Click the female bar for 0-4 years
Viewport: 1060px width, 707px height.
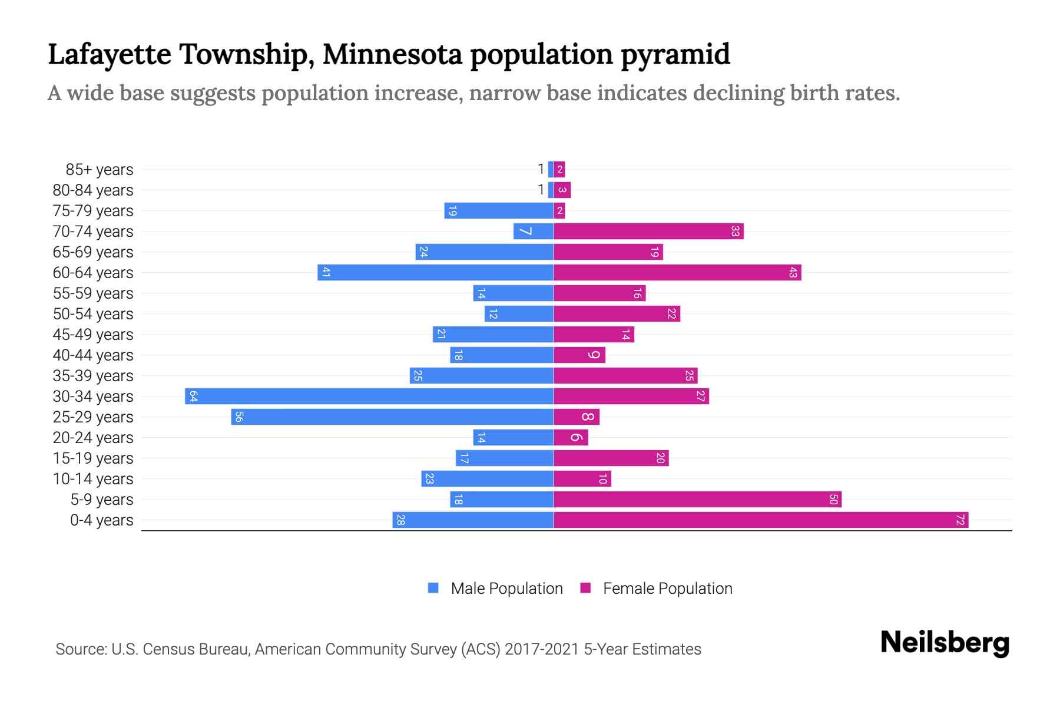(761, 520)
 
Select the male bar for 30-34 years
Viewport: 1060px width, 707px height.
(369, 396)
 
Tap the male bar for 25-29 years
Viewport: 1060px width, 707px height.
(392, 417)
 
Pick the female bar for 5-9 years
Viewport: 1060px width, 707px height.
(697, 499)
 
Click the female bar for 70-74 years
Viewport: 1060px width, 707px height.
(648, 231)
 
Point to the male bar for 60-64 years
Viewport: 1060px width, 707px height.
(435, 272)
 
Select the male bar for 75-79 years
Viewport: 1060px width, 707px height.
(499, 210)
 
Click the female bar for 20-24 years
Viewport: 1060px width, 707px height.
(571, 437)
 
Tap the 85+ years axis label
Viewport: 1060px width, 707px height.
(99, 170)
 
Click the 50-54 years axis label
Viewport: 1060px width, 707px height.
(93, 314)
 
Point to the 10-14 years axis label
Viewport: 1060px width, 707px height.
(93, 479)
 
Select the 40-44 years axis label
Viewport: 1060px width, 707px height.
(93, 355)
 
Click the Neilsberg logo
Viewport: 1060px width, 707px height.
(945, 643)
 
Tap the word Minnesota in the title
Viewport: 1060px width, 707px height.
(392, 54)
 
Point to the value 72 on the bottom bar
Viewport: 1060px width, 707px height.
(960, 520)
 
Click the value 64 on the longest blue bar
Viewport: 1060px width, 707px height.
(193, 397)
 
